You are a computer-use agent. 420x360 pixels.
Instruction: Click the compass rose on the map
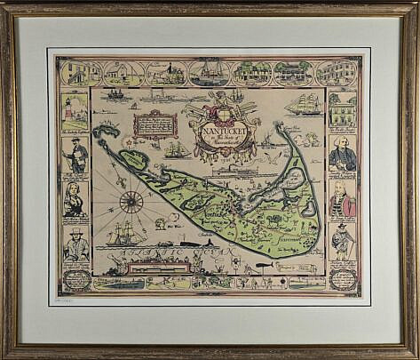coord(131,202)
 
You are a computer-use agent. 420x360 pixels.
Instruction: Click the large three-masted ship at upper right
coord(303,104)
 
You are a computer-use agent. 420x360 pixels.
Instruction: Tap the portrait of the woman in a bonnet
coord(75,198)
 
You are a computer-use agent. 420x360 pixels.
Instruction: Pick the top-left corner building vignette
coord(74,73)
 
